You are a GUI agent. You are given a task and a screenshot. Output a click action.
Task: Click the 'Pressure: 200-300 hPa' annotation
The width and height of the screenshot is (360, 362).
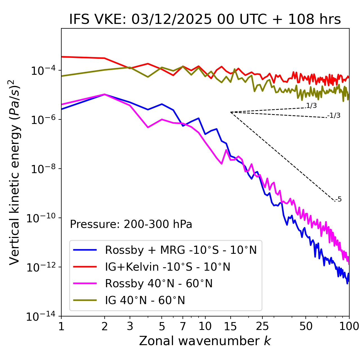pyautogui.click(x=131, y=224)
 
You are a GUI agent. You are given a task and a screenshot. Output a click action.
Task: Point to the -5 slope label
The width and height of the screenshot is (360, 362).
pyautogui.click(x=338, y=200)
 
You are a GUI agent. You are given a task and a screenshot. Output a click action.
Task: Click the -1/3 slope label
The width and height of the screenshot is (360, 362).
pyautogui.click(x=334, y=116)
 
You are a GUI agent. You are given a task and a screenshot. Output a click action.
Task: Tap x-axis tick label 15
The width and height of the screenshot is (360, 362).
pyautogui.click(x=230, y=326)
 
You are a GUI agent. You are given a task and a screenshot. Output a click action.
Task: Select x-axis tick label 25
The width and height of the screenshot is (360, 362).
pyautogui.click(x=262, y=326)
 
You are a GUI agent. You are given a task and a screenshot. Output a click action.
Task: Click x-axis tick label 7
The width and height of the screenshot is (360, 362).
pyautogui.click(x=183, y=326)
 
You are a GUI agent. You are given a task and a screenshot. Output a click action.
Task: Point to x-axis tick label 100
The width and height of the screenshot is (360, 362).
pyautogui.click(x=349, y=326)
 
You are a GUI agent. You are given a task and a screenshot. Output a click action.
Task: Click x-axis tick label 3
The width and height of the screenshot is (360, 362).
pyautogui.click(x=130, y=326)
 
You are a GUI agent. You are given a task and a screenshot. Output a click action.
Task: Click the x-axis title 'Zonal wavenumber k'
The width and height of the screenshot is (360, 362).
pyautogui.click(x=205, y=341)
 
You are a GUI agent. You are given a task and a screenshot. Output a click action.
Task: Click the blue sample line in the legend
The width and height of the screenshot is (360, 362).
pyautogui.click(x=85, y=250)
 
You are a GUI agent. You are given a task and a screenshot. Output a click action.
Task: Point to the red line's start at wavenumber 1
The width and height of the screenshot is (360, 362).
pyautogui.click(x=62, y=57)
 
